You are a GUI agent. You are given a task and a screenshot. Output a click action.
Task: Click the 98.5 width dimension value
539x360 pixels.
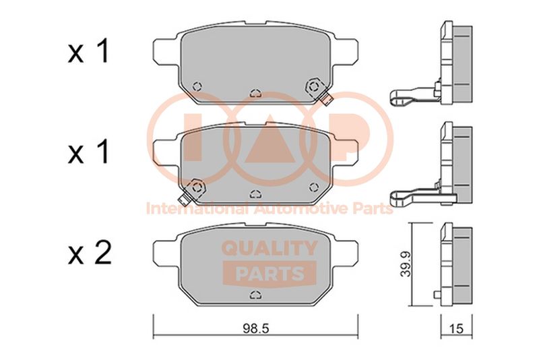pyautogui.click(x=255, y=329)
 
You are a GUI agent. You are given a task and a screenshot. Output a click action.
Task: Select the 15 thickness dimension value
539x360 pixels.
pyautogui.click(x=456, y=329)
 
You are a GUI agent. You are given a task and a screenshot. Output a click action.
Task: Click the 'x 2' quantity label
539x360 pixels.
pyautogui.click(x=90, y=253)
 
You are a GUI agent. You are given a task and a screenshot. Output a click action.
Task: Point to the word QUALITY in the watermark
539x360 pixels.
pyautogui.click(x=269, y=248)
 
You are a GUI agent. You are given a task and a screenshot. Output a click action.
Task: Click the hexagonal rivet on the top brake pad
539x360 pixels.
pyautogui.click(x=314, y=86)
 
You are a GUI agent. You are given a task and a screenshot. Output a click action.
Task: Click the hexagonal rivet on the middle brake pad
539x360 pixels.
pyautogui.click(x=197, y=187)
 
